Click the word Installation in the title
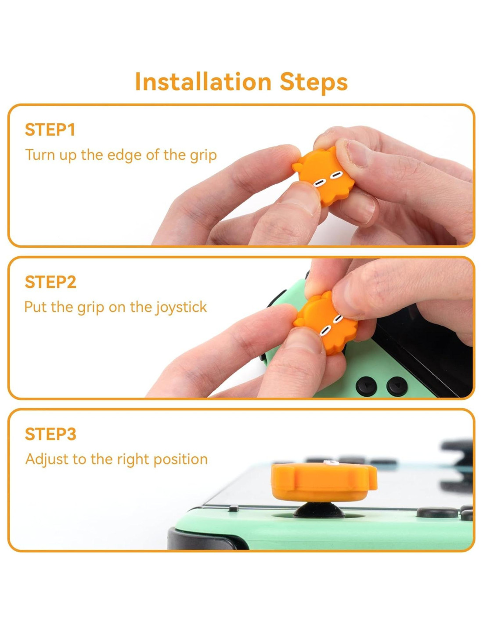tap(203, 82)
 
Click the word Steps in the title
tap(314, 82)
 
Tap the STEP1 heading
tap(50, 130)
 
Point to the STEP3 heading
tap(50, 434)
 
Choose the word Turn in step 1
tap(40, 155)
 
